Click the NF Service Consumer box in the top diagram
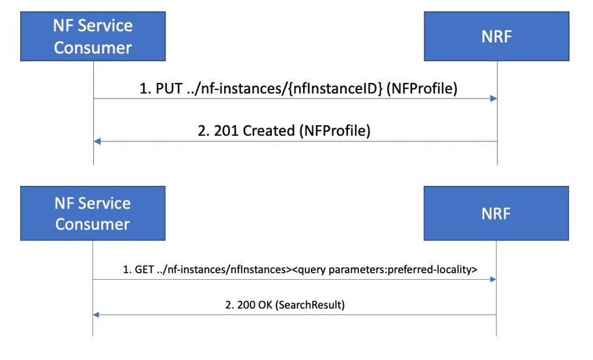pyautogui.click(x=93, y=38)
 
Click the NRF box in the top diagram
pyautogui.click(x=497, y=37)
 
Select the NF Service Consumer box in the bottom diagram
pyautogui.click(x=93, y=214)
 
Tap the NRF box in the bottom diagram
pyautogui.click(x=497, y=214)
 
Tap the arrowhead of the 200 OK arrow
pyautogui.click(x=97, y=315)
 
